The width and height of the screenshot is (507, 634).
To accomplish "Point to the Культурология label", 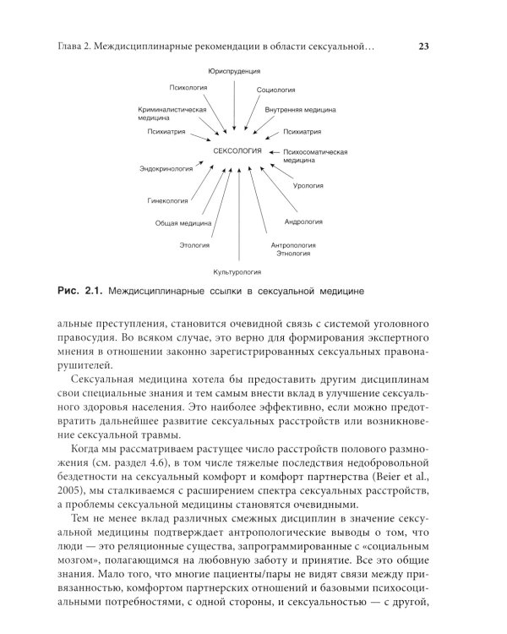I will coord(237,272).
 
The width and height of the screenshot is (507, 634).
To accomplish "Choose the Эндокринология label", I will coord(166,169).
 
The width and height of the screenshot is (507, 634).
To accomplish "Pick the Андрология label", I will coord(303,222).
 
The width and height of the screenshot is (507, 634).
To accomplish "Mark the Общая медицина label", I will coord(183,223).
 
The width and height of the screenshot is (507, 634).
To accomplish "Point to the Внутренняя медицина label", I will coord(301,110).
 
